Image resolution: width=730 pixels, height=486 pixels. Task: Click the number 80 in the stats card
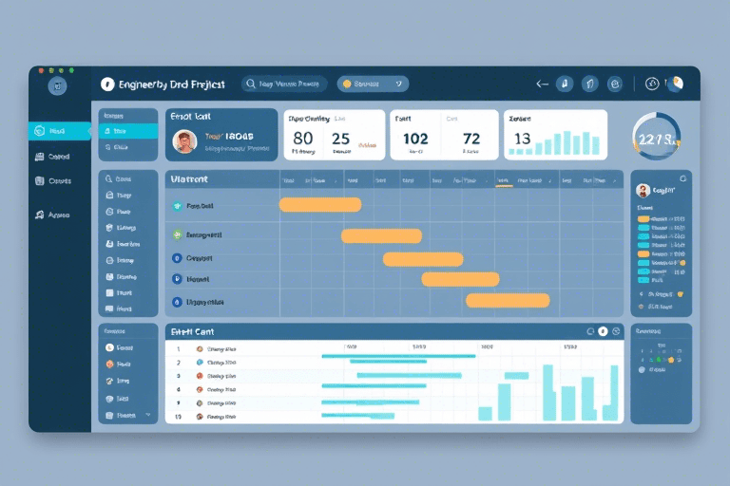303,139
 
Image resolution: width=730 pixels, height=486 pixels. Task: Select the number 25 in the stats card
340,139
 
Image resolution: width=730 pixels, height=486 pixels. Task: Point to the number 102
415,139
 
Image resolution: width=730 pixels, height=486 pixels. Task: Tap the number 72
471,139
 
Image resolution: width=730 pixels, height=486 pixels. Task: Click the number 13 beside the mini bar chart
522,139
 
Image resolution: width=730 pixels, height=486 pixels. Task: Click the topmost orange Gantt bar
319,204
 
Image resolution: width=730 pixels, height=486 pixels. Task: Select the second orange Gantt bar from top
381,235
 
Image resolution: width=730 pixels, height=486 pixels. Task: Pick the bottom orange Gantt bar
508,300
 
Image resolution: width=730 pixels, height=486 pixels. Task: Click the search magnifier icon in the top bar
250,84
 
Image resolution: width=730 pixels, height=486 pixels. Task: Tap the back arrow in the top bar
542,84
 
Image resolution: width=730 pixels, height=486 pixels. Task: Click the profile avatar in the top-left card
184,141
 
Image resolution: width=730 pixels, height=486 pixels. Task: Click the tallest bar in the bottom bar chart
548,392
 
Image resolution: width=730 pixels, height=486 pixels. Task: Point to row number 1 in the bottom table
178,349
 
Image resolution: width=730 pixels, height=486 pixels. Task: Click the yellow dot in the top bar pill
347,84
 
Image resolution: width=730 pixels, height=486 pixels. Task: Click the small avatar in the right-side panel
642,191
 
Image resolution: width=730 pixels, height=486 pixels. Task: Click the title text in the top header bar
171,84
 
